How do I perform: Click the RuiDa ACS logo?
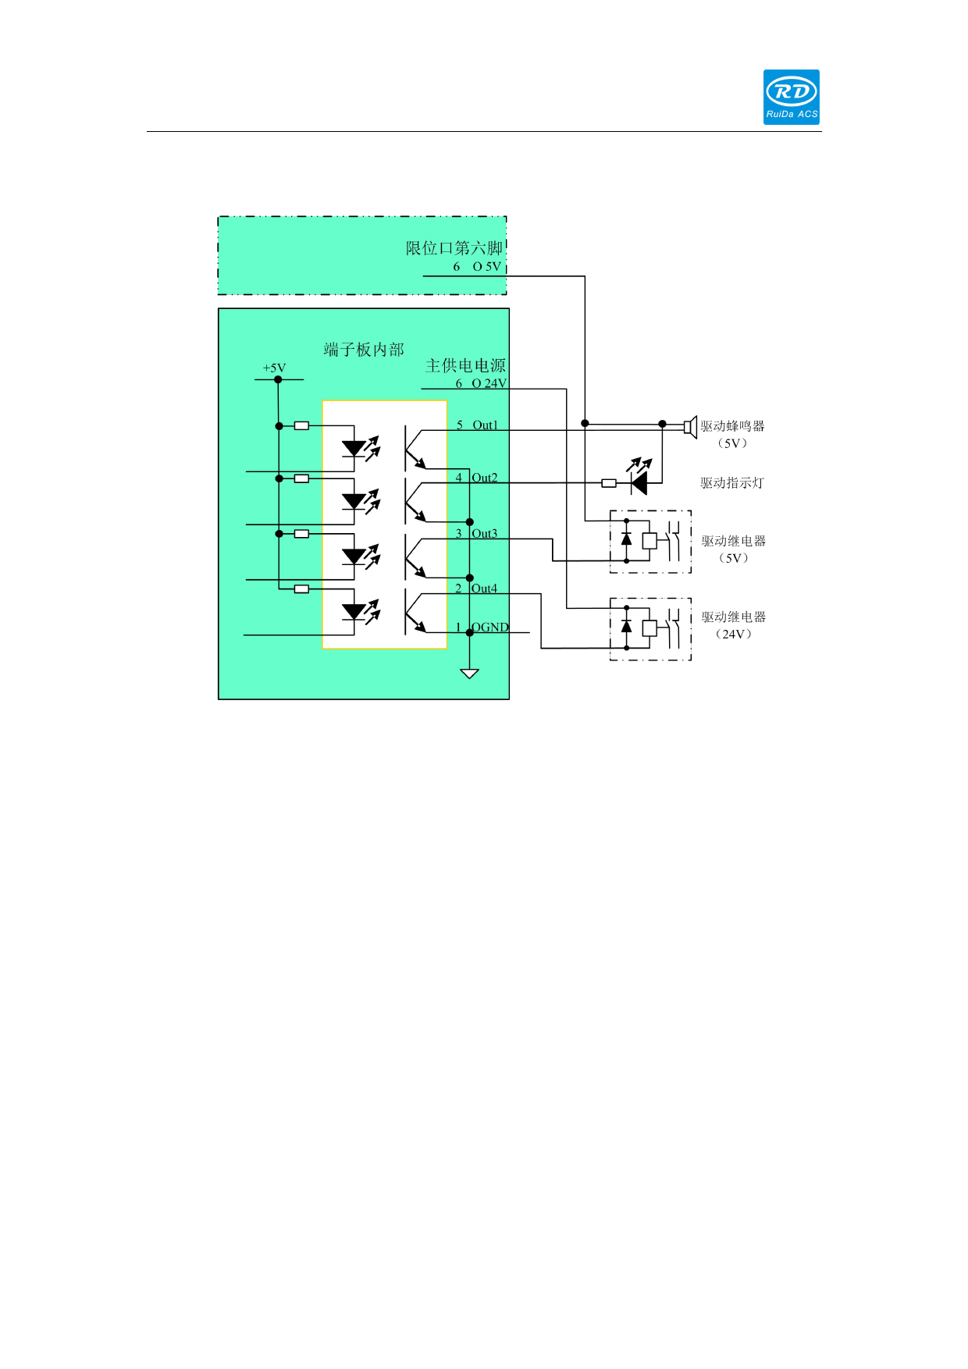[x=791, y=97]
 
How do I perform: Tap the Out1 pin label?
[x=485, y=425]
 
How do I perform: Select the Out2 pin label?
[x=485, y=478]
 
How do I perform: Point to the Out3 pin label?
[x=485, y=534]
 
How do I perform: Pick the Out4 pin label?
[x=485, y=588]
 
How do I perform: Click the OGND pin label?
[x=490, y=628]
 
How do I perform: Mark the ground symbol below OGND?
[x=469, y=673]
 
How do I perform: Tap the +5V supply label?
[x=274, y=368]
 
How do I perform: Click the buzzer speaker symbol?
[x=690, y=427]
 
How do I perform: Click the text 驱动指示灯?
[x=731, y=483]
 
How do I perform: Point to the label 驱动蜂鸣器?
[x=732, y=426]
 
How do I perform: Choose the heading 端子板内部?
[x=364, y=350]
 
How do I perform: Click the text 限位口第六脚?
[x=454, y=248]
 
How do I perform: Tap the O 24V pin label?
[x=489, y=383]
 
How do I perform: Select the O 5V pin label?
[x=486, y=267]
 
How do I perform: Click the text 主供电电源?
[x=465, y=365]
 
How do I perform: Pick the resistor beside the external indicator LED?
[x=609, y=483]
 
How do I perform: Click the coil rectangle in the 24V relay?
[x=649, y=628]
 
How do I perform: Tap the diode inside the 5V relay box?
[x=626, y=539]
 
